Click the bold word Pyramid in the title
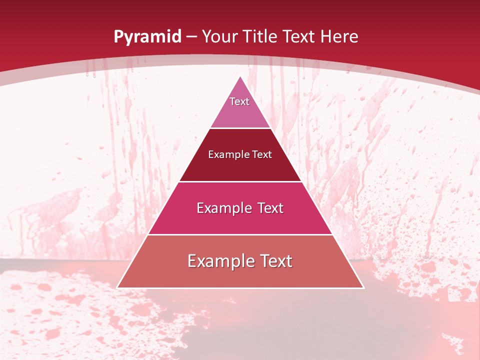click(147, 37)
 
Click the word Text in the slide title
click(299, 36)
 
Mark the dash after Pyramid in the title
click(191, 37)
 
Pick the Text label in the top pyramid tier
click(239, 101)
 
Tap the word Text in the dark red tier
click(262, 154)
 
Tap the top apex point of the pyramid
click(240, 76)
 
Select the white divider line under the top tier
click(240, 128)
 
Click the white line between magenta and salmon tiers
click(240, 234)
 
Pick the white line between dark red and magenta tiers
click(240, 181)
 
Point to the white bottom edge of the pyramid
click(240, 288)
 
